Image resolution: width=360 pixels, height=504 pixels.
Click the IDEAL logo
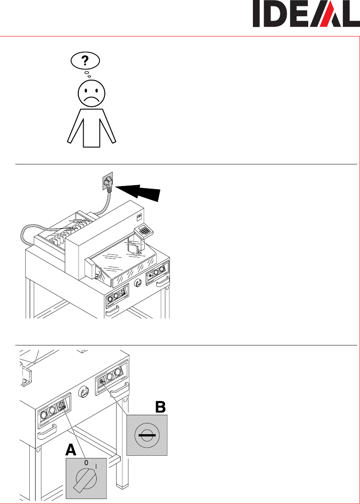306,14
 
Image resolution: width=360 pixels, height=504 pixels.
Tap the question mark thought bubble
85,60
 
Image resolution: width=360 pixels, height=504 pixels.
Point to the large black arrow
138,192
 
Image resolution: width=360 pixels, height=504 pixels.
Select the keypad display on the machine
144,231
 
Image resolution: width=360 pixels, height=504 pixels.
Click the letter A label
71,450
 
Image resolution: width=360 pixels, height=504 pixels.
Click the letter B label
160,407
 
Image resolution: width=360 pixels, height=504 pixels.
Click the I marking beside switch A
96,465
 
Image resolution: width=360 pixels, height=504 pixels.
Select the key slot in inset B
147,435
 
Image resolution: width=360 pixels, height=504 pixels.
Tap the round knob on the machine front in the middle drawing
138,283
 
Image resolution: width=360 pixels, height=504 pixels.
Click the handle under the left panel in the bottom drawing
47,432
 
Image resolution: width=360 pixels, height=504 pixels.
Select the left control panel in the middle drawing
117,295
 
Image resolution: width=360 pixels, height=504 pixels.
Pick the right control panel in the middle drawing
157,272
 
